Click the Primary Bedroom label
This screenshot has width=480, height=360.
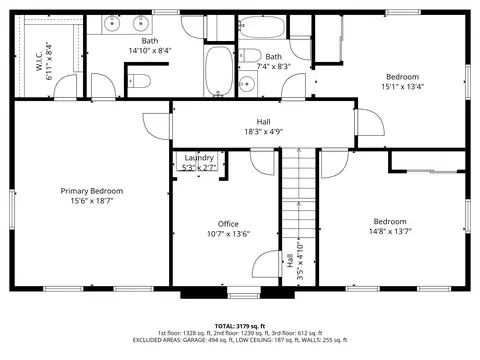coord(92,191)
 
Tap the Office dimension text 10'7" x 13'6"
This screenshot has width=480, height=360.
coord(228,234)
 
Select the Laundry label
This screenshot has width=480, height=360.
coord(199,158)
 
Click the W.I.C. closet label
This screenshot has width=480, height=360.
coord(39,61)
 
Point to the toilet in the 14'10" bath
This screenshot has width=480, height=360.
coord(139,81)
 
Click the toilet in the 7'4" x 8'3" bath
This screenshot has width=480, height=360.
coord(250,55)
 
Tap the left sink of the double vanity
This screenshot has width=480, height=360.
coord(112,23)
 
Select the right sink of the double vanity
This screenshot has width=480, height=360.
coord(140,23)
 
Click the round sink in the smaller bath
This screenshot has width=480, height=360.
coord(247,83)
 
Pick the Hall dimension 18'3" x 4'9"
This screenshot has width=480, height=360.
coord(264,132)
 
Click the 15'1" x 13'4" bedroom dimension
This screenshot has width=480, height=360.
coord(402,87)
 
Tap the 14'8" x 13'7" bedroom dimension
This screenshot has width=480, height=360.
coord(390,231)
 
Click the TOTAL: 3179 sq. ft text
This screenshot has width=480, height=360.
coord(240,326)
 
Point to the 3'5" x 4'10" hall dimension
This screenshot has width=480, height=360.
coord(300,261)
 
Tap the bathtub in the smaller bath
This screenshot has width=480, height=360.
coord(262,27)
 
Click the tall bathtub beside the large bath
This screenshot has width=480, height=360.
coord(219,70)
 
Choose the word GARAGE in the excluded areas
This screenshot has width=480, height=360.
coord(196,340)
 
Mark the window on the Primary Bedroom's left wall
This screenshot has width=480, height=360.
coord(12,209)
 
